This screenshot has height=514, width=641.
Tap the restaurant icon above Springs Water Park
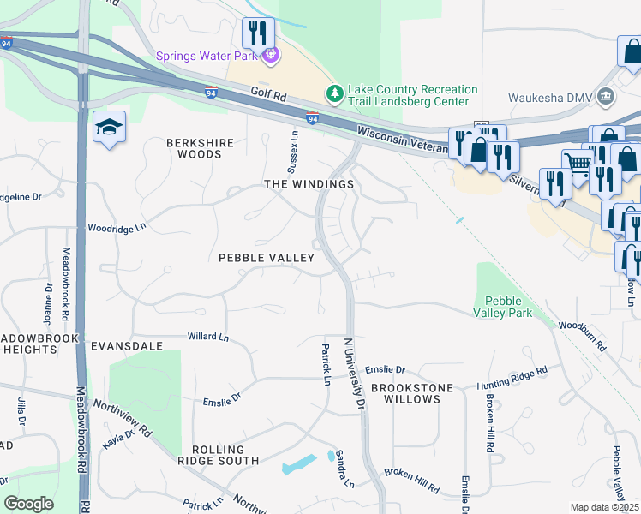(x=258, y=33)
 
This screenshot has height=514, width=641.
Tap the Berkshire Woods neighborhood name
(x=194, y=148)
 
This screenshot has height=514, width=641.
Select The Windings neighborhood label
(x=309, y=184)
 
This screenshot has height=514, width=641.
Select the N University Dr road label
(x=354, y=373)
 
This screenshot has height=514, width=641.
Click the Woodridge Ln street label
(x=117, y=229)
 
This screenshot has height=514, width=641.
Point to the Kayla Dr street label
(x=119, y=438)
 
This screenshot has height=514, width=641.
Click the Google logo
(x=29, y=503)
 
